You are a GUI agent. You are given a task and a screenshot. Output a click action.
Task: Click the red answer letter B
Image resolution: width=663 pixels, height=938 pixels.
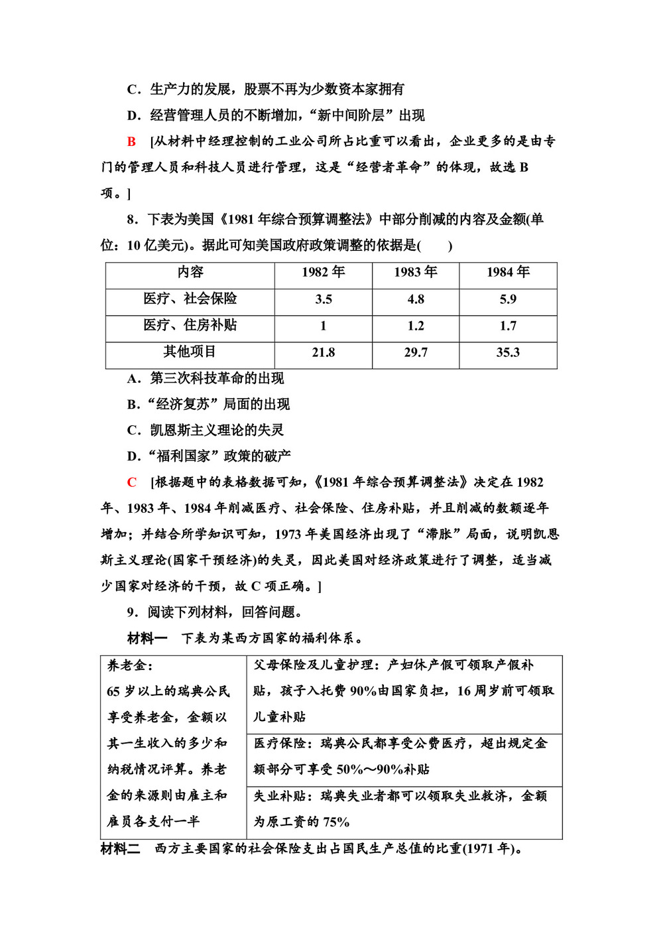pos(131,141)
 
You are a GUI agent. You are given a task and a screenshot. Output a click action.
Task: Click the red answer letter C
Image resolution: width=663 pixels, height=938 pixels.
pos(131,482)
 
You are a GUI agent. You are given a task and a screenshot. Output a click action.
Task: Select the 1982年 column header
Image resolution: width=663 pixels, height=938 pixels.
pos(323,273)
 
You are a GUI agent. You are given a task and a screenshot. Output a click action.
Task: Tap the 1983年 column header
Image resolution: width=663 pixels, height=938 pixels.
pos(416,273)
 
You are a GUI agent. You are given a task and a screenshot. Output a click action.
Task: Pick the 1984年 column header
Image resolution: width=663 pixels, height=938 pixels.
pos(508,273)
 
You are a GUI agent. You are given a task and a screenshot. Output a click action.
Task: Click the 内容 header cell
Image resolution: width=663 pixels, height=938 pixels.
pos(190,273)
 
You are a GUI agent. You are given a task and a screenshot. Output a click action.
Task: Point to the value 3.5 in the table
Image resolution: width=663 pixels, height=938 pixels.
pos(323,299)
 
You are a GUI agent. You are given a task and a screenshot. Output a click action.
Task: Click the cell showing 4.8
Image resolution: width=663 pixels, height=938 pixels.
pos(416,299)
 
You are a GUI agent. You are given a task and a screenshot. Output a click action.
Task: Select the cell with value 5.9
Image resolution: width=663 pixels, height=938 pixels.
pos(508,299)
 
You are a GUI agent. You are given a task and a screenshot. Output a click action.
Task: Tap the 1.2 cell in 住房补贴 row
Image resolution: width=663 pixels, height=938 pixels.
pos(416,326)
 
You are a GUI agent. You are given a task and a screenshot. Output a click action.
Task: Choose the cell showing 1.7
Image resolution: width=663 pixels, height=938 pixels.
pos(508,326)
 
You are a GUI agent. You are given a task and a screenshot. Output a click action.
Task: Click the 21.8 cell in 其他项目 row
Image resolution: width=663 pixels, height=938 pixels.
pos(323,352)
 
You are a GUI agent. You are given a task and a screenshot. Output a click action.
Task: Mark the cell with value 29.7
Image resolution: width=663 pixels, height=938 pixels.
pos(416,352)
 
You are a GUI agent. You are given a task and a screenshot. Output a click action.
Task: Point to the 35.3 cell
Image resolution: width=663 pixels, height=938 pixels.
pos(508,352)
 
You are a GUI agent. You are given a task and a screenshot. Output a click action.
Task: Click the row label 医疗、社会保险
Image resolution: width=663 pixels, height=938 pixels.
pos(190,299)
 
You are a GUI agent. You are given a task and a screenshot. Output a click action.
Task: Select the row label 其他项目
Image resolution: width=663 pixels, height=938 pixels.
pos(190,352)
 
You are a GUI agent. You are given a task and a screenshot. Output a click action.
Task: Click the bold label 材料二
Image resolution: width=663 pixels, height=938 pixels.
pos(120,848)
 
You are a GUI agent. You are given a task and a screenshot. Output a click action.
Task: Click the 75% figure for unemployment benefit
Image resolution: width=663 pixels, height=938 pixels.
pos(336,822)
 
